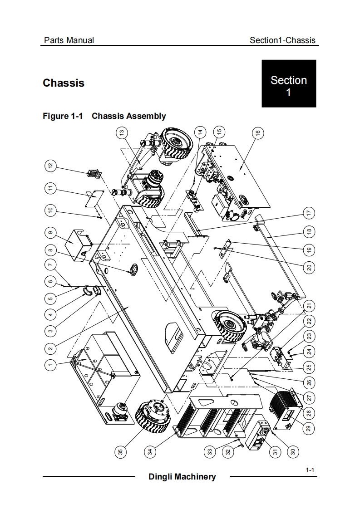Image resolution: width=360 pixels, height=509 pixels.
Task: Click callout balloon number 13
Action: tap(122, 132)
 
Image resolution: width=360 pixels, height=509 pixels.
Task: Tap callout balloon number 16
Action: tap(258, 133)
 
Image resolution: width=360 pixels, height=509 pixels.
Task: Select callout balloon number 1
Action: tap(50, 365)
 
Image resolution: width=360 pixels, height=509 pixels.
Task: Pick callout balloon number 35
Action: tap(121, 451)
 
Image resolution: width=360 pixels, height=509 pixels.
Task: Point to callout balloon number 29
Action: tap(309, 428)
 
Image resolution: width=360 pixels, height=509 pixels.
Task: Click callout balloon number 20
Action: tap(309, 268)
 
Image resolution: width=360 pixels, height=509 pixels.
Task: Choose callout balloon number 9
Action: tap(50, 233)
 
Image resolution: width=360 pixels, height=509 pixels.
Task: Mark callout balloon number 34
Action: tap(150, 451)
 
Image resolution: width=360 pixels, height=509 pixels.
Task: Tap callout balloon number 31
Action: tap(276, 451)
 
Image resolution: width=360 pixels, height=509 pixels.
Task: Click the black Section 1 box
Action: tap(289, 83)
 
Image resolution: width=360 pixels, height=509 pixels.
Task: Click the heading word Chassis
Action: tap(64, 83)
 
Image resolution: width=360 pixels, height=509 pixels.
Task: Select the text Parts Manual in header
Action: tap(69, 40)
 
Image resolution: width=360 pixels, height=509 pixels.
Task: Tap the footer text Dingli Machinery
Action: tap(182, 476)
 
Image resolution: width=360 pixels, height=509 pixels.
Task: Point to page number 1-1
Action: tap(310, 470)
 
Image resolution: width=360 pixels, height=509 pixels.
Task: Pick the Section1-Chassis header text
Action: tap(282, 40)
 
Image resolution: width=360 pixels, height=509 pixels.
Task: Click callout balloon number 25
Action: tap(309, 367)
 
